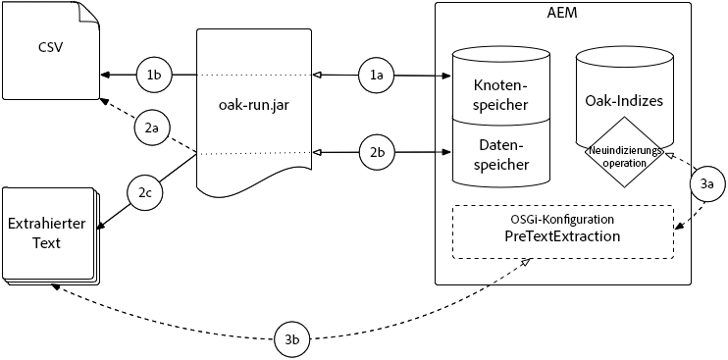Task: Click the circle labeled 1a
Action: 377,75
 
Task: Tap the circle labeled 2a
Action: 151,128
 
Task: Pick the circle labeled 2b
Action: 377,152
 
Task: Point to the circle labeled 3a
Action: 708,183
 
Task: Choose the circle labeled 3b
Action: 292,338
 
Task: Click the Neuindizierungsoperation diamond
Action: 624,156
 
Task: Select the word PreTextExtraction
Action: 562,236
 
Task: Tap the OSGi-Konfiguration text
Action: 562,219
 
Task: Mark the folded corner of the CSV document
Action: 88,13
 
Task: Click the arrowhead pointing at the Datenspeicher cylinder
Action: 444,152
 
